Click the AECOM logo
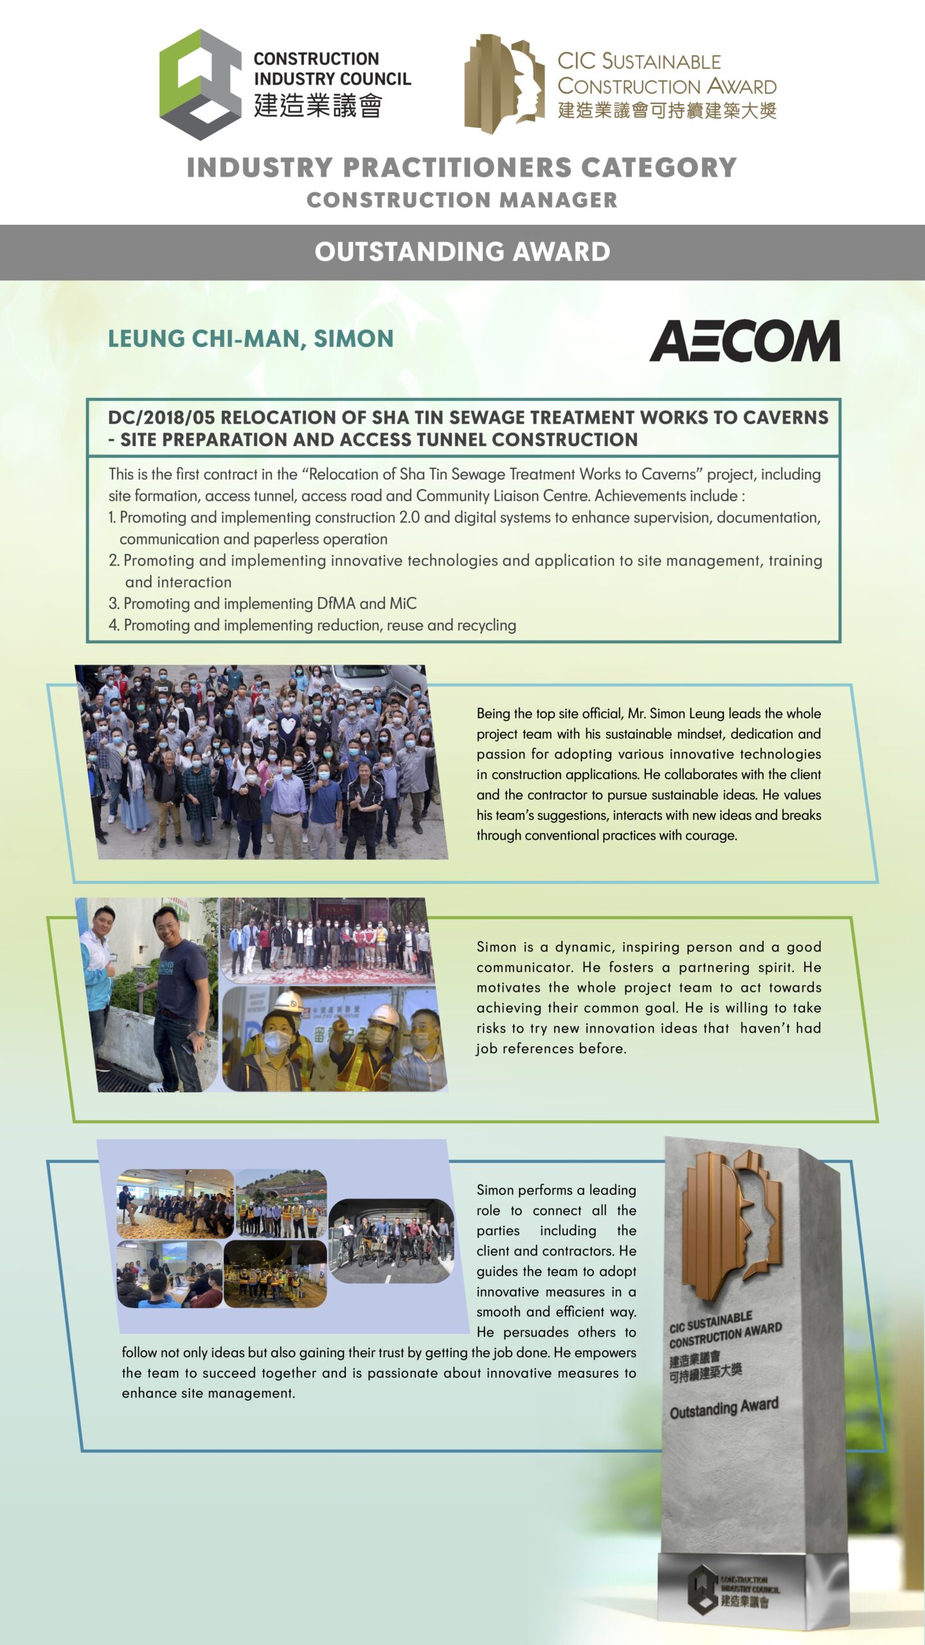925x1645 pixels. tap(744, 341)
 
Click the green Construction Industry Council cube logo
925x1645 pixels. tap(200, 84)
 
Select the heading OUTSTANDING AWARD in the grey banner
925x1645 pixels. tap(462, 252)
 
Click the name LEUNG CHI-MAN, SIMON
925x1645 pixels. tap(251, 339)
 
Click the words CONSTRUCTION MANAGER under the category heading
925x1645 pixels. tap(462, 200)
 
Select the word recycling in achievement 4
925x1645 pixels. tap(485, 625)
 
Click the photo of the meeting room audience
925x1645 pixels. tap(175, 1204)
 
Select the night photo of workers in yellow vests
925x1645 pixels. tap(275, 1274)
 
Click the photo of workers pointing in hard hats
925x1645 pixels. tap(334, 1038)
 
